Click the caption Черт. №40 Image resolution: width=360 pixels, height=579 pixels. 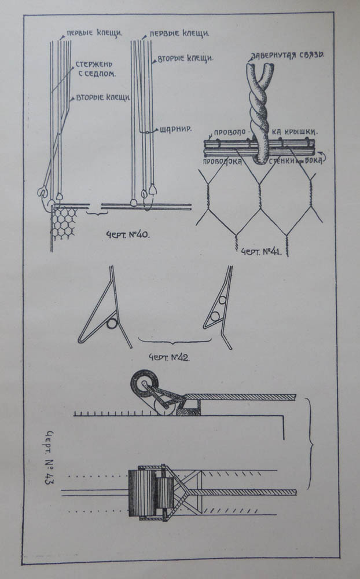pos(128,234)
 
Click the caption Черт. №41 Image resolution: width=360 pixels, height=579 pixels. pos(261,252)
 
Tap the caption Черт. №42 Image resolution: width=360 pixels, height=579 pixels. pos(169,357)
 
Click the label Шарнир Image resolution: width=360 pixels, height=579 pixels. pos(176,129)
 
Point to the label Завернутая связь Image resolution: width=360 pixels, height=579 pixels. pos(288,56)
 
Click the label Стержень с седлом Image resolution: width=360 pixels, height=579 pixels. pos(95,69)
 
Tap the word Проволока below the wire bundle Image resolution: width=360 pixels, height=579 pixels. pos(222,162)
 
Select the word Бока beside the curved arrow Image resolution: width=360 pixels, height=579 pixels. pos(314,161)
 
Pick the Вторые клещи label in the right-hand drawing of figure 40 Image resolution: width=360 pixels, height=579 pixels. pos(186,58)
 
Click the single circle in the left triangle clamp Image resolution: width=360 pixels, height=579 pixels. pos(112,324)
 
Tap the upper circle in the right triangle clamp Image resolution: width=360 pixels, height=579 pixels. pos(222,300)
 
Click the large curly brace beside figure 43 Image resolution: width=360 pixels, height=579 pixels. pos(310,446)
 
